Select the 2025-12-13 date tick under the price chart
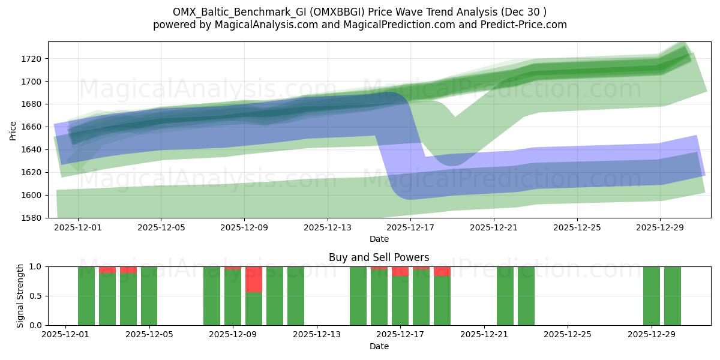coord(327,228)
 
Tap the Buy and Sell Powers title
coord(379,257)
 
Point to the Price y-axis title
coord(13,130)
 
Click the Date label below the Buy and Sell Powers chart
coord(379,346)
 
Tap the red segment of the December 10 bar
coord(254,279)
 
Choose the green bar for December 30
coord(672,296)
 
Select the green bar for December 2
coord(86,296)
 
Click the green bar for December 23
coord(526,296)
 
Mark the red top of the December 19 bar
coord(442,271)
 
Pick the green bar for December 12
coord(296,296)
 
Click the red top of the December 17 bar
coord(400,271)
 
